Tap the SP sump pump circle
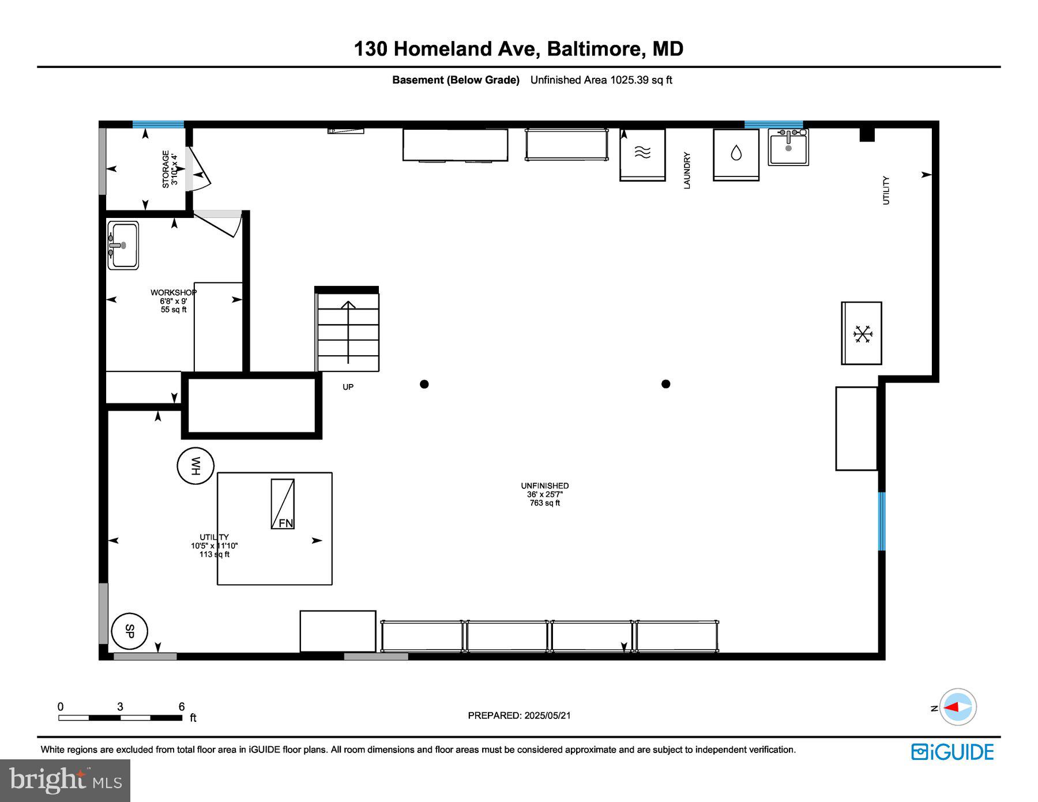[129, 631]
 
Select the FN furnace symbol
[283, 504]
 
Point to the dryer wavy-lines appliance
[642, 153]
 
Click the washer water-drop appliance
[736, 153]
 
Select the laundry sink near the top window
[788, 147]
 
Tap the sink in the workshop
[123, 246]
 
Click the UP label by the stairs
[348, 387]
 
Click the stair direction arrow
[348, 332]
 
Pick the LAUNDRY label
[687, 170]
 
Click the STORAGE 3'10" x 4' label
[170, 169]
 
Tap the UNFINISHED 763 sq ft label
[544, 494]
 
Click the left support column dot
[424, 384]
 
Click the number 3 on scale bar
[120, 706]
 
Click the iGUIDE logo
[953, 752]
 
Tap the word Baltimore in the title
[594, 49]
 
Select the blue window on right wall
[881, 521]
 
